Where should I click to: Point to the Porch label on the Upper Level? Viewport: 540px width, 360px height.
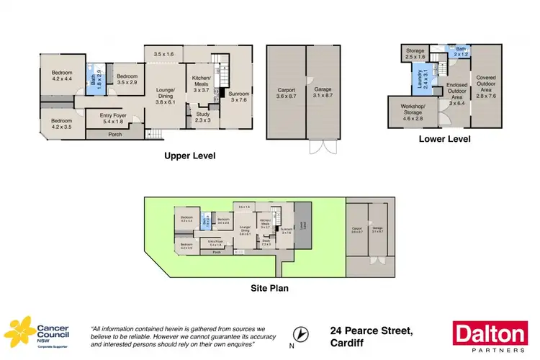point(114,135)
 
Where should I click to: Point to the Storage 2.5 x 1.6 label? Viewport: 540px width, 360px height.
point(415,53)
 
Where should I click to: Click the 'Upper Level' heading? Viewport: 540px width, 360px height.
point(189,156)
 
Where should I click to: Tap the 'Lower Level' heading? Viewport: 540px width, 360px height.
point(444,139)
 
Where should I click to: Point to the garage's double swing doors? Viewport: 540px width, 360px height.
point(319,148)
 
